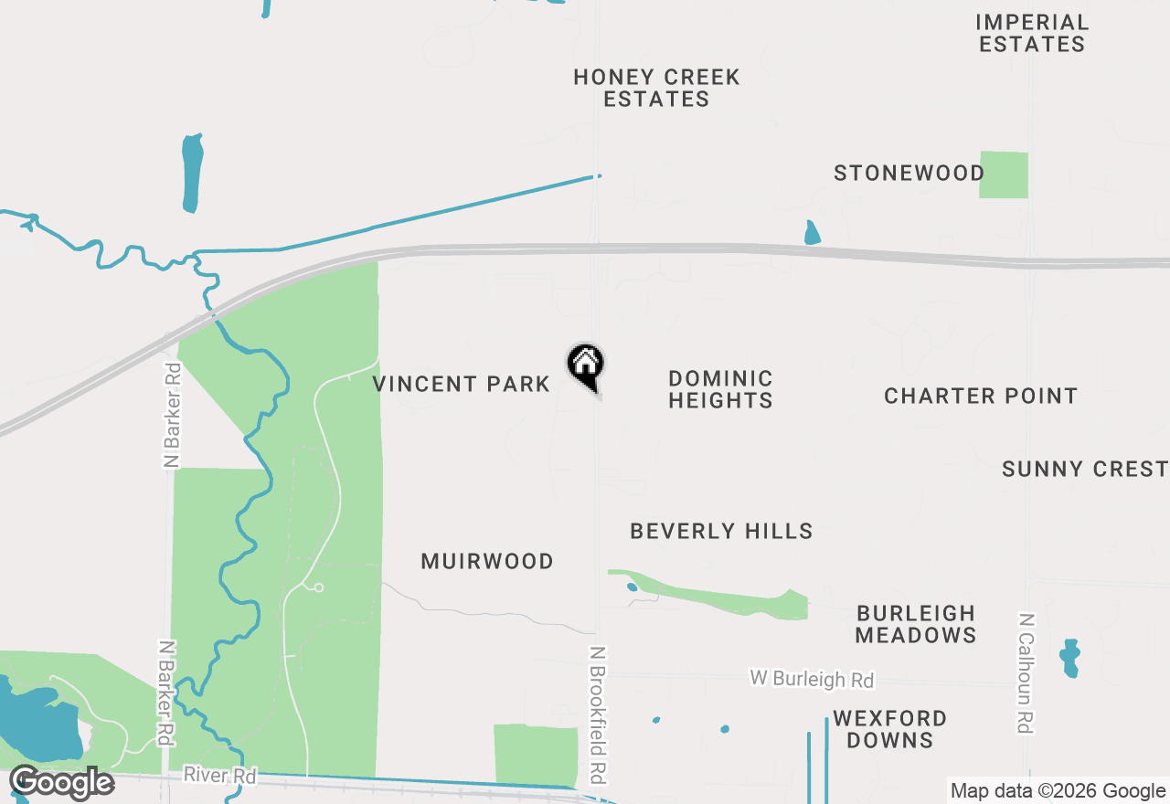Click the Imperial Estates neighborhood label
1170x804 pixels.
1032,33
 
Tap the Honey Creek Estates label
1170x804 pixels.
656,88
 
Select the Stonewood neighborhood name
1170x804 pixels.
909,173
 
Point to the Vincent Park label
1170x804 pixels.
462,384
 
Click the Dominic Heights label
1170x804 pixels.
720,389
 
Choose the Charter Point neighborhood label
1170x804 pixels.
981,396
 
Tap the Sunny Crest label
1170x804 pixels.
1084,469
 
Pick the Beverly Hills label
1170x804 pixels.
721,531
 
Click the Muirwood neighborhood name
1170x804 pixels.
487,561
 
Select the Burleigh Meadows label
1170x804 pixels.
916,624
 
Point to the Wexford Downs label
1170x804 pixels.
889,729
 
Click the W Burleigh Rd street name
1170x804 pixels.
812,679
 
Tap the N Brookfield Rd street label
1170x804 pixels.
598,714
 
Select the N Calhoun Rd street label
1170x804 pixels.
1026,672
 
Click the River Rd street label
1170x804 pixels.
220,776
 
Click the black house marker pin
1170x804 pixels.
586,365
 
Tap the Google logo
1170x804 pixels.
62,783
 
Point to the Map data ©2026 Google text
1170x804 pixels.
1058,791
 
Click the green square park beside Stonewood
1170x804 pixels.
1004,175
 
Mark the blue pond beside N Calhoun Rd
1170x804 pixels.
1069,658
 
